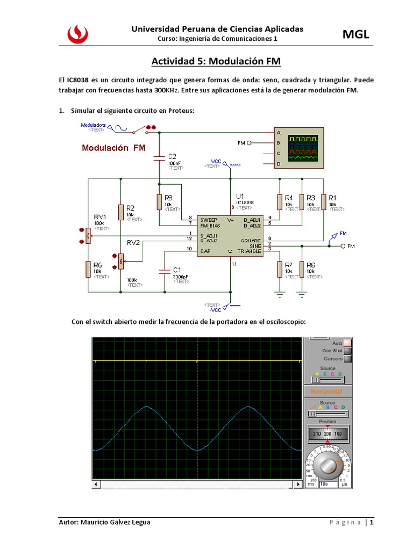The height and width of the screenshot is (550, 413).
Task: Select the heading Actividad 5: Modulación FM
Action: tap(216, 61)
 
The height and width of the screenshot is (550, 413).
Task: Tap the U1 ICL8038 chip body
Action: tap(230, 236)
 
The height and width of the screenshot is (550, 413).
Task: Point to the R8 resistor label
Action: tap(168, 198)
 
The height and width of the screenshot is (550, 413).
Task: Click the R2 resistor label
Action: tap(130, 208)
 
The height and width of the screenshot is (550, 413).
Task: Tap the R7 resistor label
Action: tap(289, 265)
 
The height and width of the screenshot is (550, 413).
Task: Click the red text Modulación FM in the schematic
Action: tap(113, 148)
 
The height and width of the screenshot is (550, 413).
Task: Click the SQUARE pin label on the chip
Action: tap(251, 240)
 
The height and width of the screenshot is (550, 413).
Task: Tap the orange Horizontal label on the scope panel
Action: tap(326, 392)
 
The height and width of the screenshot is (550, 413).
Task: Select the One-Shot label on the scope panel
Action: tap(332, 351)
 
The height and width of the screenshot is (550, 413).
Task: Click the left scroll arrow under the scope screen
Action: tap(97, 484)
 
